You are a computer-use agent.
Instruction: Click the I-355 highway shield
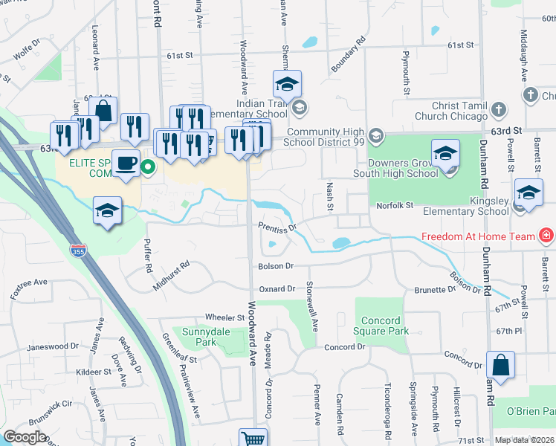77,251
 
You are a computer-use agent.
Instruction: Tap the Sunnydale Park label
198,337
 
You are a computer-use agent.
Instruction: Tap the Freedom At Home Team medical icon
547,236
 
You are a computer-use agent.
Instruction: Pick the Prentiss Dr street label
277,225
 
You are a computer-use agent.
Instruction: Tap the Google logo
25,437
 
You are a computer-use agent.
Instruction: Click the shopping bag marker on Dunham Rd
500,365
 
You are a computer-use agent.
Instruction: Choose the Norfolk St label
394,205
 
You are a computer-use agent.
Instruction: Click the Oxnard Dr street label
277,288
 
